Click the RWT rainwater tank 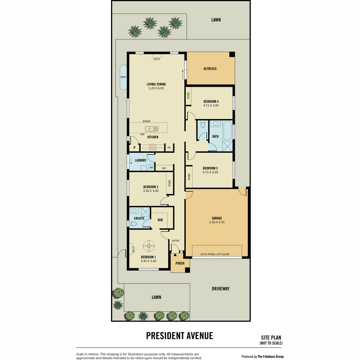coord(123,77)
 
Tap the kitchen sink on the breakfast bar coord(152,129)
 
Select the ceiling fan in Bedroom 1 coord(149,246)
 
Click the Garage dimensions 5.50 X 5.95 coord(217,222)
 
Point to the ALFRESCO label coord(210,69)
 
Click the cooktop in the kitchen coord(153,148)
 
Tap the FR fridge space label coord(169,148)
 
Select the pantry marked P coord(134,148)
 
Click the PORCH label coord(180,263)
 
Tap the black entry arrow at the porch coord(175,255)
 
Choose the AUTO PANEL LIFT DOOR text coord(215,254)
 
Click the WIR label coord(160,220)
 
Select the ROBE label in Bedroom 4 coord(188,95)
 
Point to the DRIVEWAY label coord(220,289)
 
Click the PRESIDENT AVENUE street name coord(179,336)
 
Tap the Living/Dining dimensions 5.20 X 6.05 coord(156,88)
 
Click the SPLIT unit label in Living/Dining coord(157,59)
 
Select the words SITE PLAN coord(271,337)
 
